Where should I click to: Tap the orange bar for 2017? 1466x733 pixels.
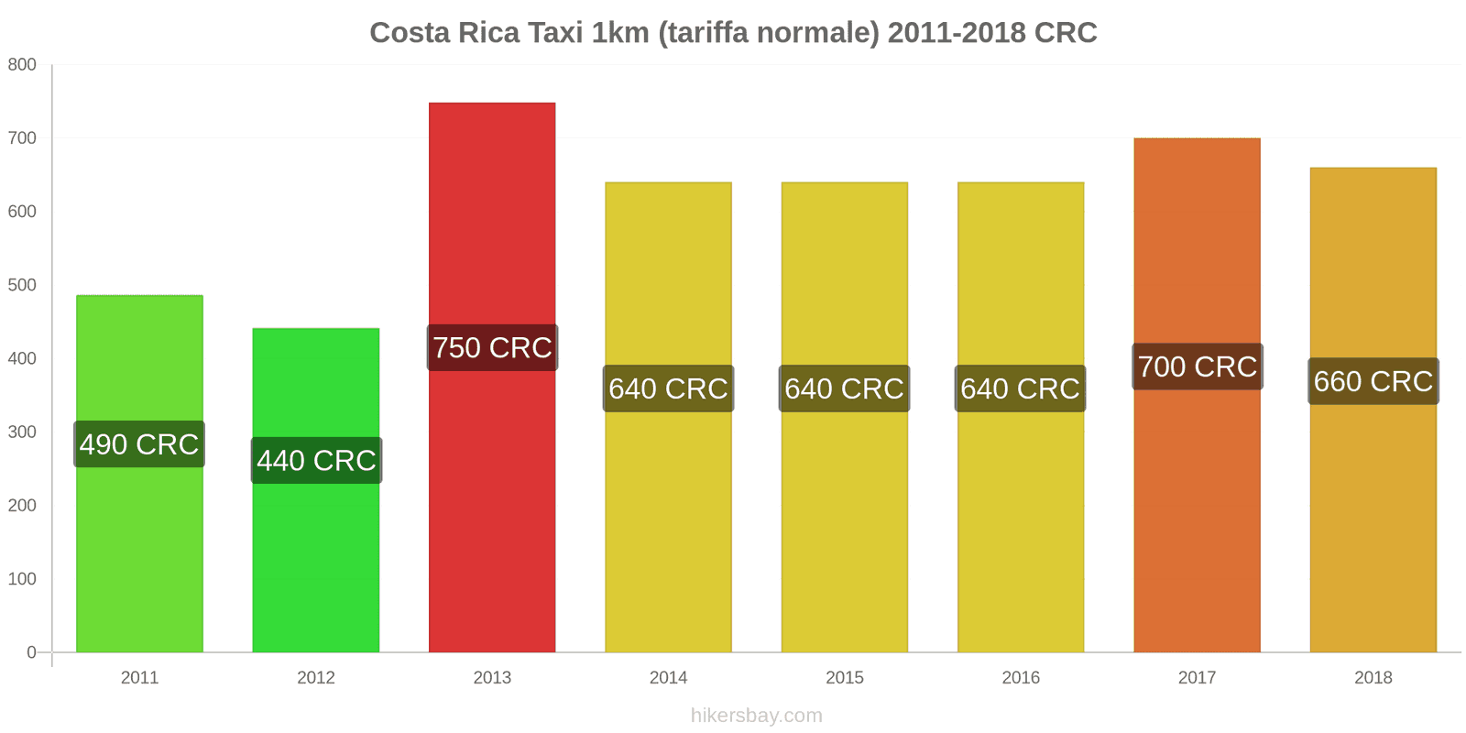click(1197, 513)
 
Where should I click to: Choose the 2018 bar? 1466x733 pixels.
click(1373, 513)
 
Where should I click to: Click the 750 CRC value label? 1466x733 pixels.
click(492, 348)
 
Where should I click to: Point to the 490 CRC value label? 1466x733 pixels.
click(139, 444)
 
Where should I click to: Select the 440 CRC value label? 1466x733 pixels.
click(316, 460)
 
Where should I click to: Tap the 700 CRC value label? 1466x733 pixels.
click(1197, 366)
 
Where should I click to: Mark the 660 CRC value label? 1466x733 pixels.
click(1373, 381)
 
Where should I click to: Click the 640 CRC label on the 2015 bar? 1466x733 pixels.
click(844, 388)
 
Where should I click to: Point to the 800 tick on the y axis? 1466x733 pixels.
click(22, 64)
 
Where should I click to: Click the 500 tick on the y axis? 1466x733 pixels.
click(22, 285)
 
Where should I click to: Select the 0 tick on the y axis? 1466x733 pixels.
click(31, 652)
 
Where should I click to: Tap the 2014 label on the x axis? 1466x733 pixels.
click(668, 678)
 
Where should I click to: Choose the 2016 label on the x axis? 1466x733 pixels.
click(1021, 678)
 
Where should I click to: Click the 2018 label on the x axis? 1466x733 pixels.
click(1373, 678)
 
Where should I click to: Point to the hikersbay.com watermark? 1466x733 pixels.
click(757, 716)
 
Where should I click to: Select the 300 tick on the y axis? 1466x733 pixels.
click(22, 432)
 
